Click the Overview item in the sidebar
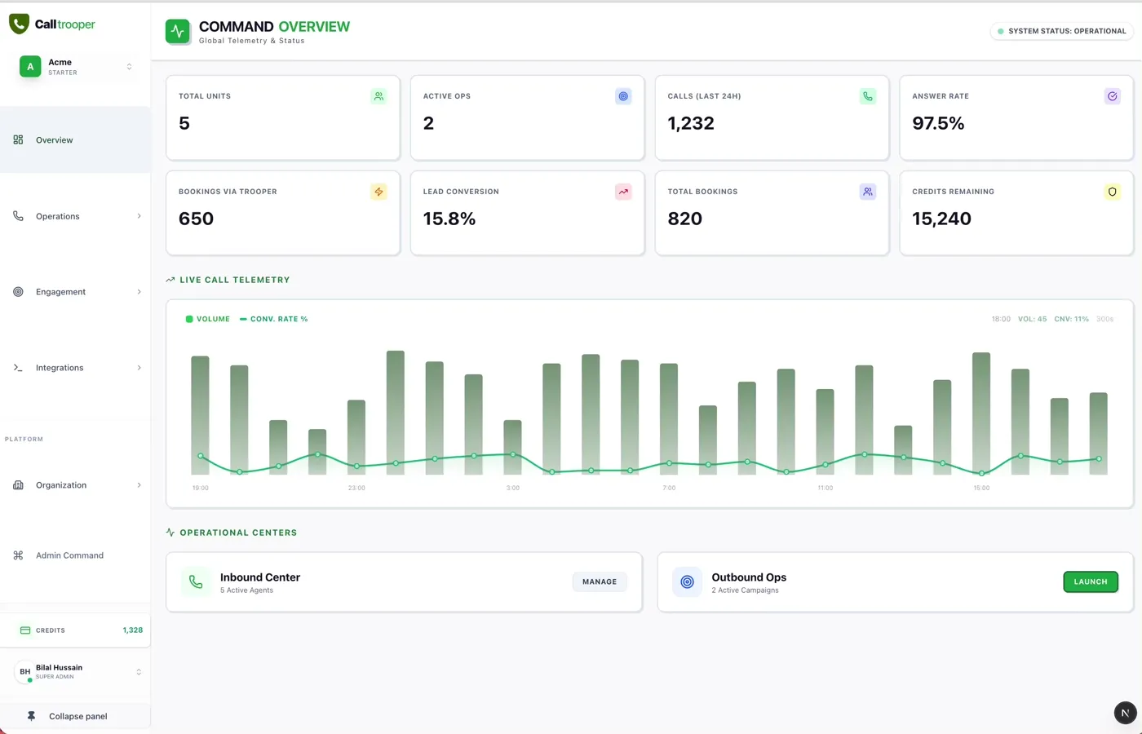(54, 140)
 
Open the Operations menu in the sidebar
(57, 216)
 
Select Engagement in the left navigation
(60, 292)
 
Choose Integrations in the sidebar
(60, 368)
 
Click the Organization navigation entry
(61, 485)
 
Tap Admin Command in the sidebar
(69, 555)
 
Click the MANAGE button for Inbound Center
(600, 581)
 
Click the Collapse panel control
(77, 716)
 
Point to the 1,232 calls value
(691, 123)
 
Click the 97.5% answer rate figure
(938, 123)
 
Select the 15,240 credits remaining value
(941, 219)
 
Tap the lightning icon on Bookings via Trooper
(378, 192)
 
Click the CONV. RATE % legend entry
(274, 319)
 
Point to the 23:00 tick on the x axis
(356, 488)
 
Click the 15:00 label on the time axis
(981, 488)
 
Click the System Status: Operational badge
(1062, 31)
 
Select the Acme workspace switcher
(76, 66)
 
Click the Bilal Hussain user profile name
(59, 667)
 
